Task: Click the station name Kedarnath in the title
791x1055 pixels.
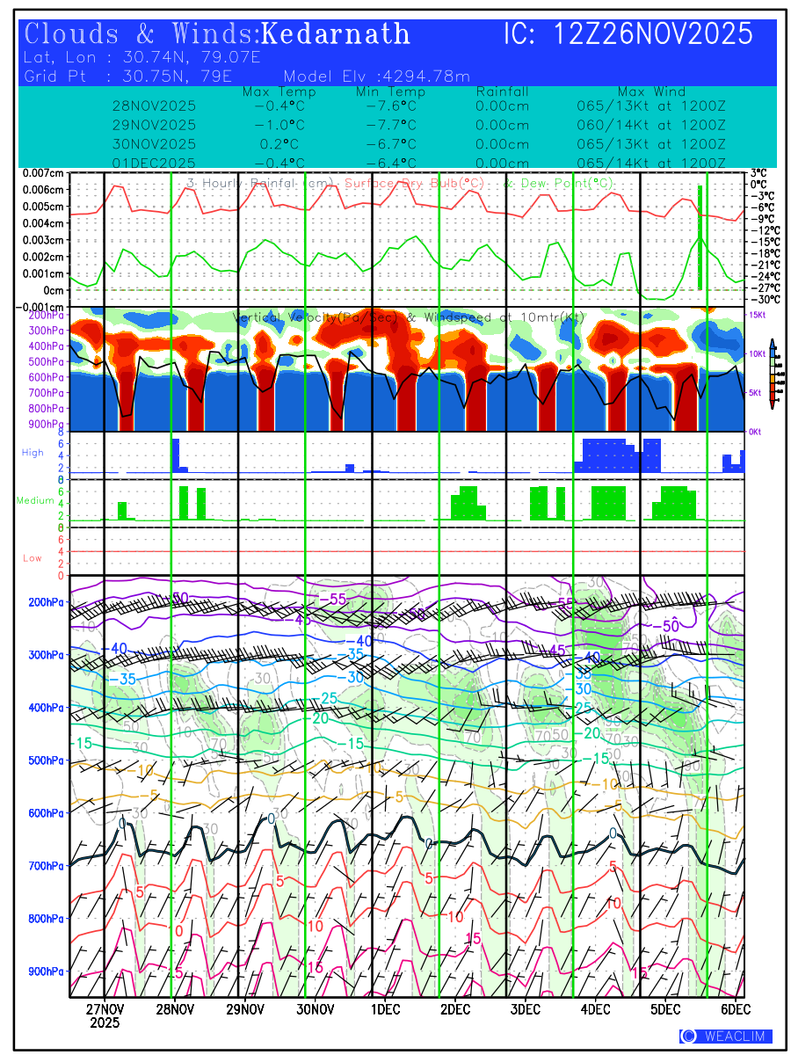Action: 336,34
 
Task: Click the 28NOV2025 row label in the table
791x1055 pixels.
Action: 155,105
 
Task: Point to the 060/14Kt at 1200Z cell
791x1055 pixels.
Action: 646,125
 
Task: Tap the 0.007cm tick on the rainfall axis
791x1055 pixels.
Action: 43,173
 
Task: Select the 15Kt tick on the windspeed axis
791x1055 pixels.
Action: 758,314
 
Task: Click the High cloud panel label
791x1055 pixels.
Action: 33,452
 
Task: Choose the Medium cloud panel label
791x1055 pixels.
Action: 35,500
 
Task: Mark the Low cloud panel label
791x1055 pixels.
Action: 33,558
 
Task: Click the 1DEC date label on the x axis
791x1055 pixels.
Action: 385,1008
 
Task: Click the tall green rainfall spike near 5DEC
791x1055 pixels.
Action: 700,237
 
